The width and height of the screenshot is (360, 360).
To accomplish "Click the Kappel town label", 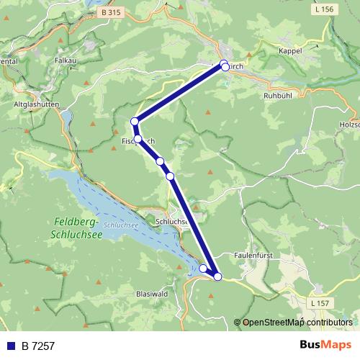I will (289, 51).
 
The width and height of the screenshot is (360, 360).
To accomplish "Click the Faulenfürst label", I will (253, 255).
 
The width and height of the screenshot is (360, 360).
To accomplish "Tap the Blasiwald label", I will (151, 294).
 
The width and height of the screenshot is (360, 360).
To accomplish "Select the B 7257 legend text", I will (37, 346).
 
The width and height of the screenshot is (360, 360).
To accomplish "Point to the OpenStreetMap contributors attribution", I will (297, 323).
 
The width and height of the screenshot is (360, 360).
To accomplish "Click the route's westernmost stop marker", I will (134, 122).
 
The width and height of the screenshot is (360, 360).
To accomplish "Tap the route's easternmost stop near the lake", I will (218, 276).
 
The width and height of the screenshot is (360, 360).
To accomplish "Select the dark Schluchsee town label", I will (171, 222).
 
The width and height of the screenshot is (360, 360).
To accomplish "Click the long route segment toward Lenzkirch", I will (179, 93).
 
